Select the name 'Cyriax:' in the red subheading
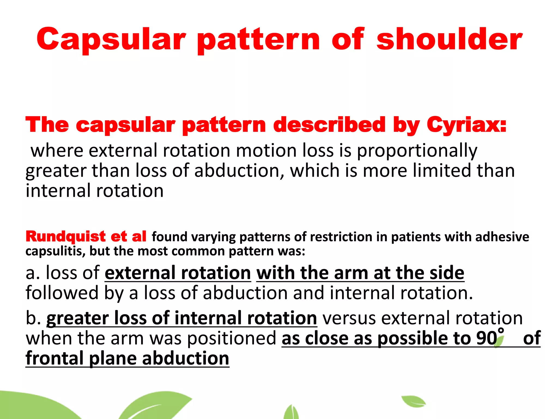(466, 125)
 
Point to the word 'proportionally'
(417, 151)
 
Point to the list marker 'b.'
(33, 318)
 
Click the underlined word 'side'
(447, 273)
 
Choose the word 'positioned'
(232, 339)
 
